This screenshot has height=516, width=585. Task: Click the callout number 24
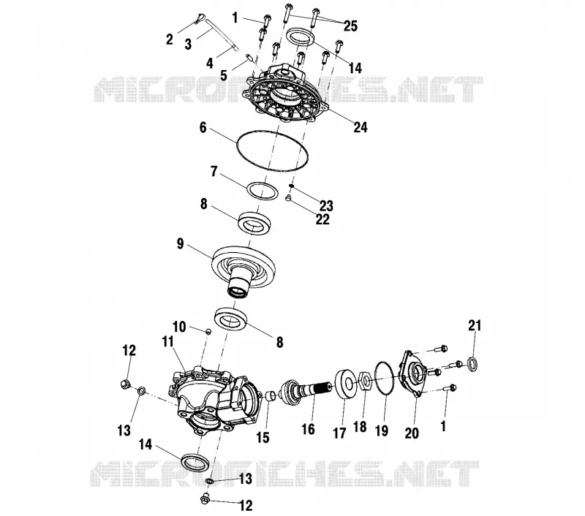coord(360,127)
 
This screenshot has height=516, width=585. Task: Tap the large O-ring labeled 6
coord(238,145)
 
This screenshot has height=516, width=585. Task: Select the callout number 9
coord(180,244)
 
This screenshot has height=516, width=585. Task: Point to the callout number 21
coord(475,326)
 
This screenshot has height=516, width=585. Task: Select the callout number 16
coord(308,429)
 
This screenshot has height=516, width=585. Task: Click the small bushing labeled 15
coord(271,396)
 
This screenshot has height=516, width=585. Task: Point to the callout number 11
coord(168,341)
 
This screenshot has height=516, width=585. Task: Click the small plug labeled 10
coord(209,331)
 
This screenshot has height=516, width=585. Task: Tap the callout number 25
coord(350,26)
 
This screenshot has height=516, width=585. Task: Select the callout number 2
coord(170,39)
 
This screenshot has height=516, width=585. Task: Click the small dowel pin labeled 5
coord(250,58)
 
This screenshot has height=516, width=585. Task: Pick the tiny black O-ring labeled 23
coord(292,186)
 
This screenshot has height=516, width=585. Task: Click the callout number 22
coord(322,219)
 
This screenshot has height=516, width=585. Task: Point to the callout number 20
coord(412,433)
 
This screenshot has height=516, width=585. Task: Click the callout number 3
coord(188,44)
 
